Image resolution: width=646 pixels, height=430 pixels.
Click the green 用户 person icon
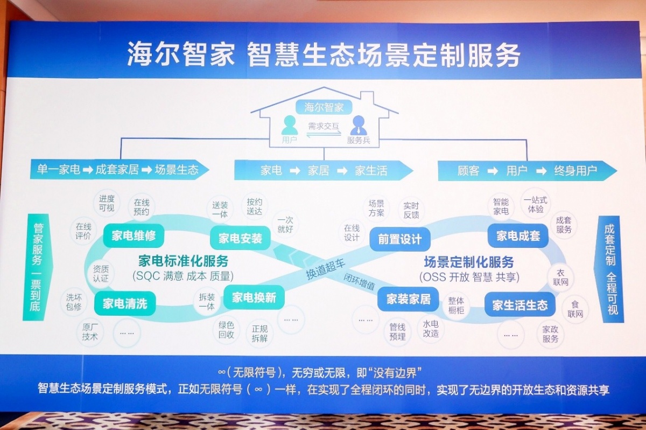pos(290,125)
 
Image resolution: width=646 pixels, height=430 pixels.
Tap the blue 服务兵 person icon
pos(359,125)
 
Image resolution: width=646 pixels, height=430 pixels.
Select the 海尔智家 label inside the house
pos(324,107)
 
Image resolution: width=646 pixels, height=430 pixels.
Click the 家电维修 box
pos(134,236)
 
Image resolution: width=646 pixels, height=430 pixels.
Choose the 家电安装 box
pos(240,238)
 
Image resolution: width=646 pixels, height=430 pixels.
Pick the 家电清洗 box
pos(125,303)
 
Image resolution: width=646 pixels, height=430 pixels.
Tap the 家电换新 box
pos(254,297)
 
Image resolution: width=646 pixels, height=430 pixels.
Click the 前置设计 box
pos(399,239)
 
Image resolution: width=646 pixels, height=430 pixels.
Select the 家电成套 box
pos(518,236)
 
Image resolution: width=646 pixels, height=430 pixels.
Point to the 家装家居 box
pos(409,299)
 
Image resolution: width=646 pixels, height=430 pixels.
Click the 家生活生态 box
pos(519,305)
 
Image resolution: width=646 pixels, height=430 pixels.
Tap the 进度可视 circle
pos(107,203)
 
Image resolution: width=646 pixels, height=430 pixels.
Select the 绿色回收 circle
pos(226,330)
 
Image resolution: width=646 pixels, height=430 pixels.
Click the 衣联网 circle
pos(560,278)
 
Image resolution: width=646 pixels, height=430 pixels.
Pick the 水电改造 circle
pos(431,329)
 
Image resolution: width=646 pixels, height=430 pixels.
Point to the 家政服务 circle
pos(550,334)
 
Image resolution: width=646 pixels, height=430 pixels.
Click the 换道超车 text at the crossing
pos(325,269)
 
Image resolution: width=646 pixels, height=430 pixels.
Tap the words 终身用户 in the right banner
pos(575,171)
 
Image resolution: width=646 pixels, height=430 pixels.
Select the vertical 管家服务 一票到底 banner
pos(37,267)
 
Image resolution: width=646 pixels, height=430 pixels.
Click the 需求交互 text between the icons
pos(324,126)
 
